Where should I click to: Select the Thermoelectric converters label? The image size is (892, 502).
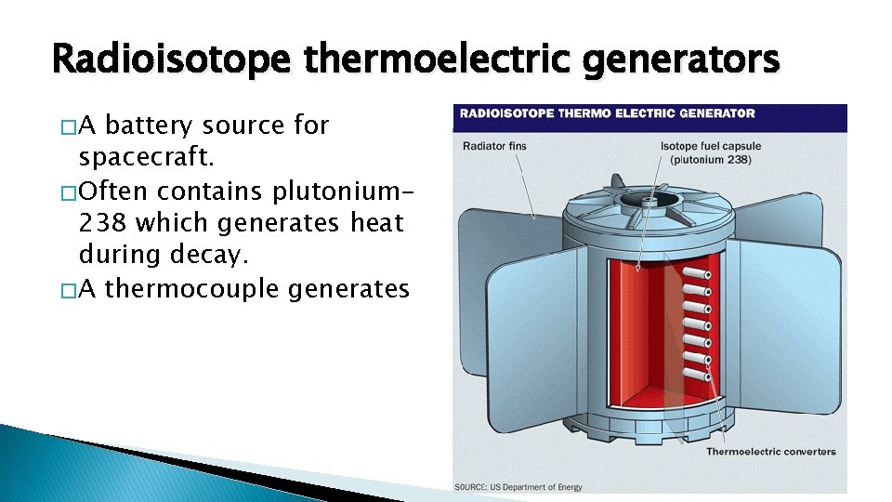(770, 452)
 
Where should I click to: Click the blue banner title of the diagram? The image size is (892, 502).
(605, 113)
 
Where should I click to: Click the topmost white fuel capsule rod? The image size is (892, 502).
(690, 276)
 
